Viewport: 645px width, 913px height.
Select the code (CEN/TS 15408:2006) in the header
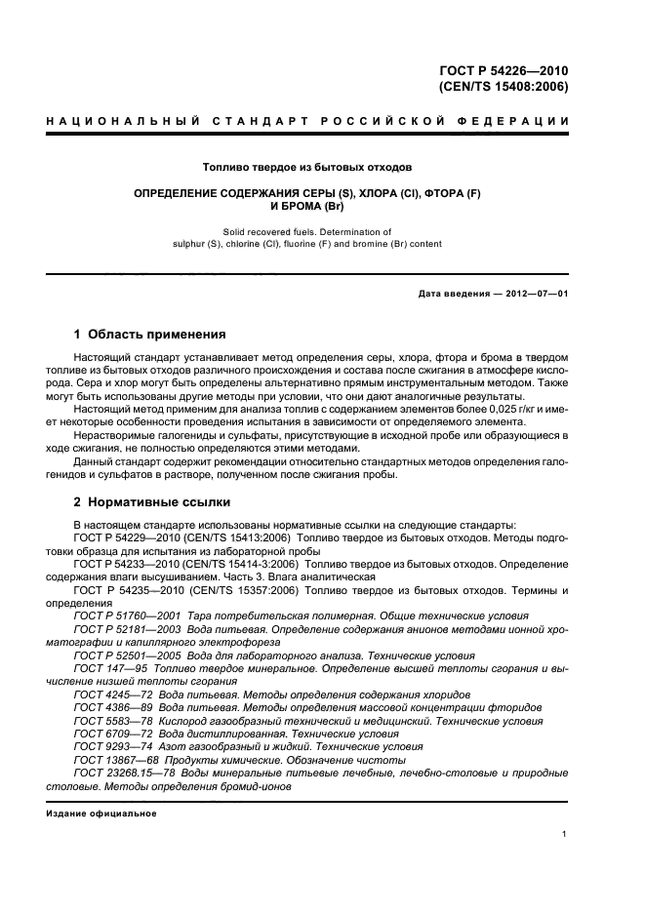504,86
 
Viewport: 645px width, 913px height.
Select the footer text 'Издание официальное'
101,812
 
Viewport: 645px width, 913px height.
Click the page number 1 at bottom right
565,834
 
